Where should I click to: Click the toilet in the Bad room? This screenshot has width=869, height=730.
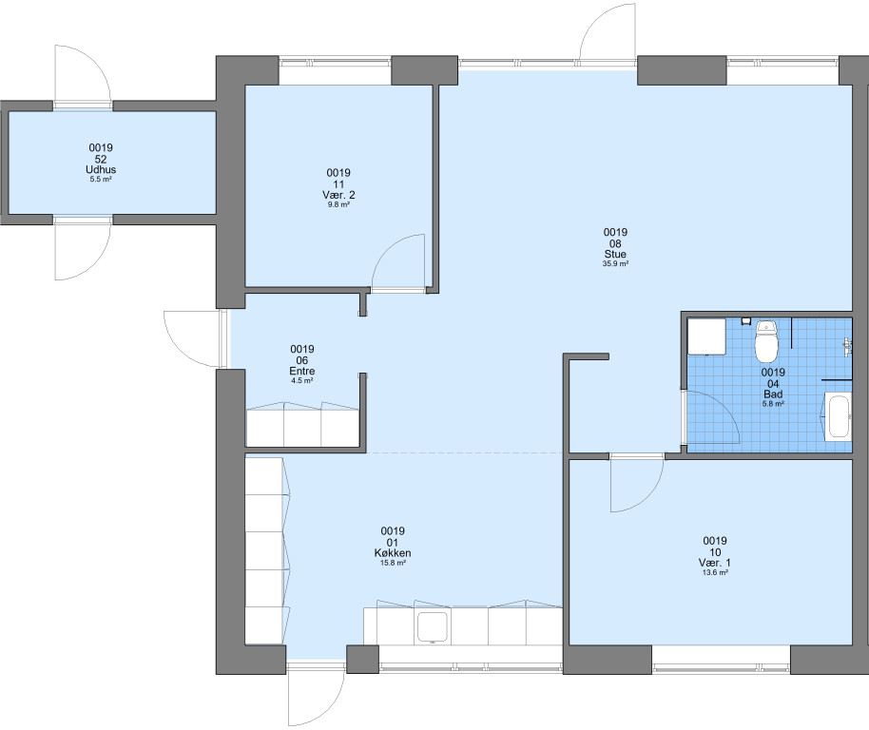pyautogui.click(x=766, y=339)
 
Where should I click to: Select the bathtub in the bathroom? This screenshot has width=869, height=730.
pyautogui.click(x=838, y=416)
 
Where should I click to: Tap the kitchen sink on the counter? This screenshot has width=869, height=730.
pyautogui.click(x=433, y=626)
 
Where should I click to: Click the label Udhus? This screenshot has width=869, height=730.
pyautogui.click(x=101, y=169)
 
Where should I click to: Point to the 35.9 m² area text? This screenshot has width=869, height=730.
pyautogui.click(x=615, y=263)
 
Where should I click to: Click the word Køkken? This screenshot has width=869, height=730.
pyautogui.click(x=393, y=553)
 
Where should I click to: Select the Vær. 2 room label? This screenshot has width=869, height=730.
pyautogui.click(x=338, y=195)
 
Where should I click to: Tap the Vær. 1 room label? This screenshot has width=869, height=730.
pyautogui.click(x=715, y=563)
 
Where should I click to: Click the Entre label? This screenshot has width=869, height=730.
pyautogui.click(x=302, y=371)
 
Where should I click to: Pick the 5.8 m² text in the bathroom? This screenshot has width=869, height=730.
pyautogui.click(x=773, y=404)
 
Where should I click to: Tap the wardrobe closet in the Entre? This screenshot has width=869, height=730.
pyautogui.click(x=302, y=424)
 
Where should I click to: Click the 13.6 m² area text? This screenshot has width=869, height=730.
pyautogui.click(x=715, y=573)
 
